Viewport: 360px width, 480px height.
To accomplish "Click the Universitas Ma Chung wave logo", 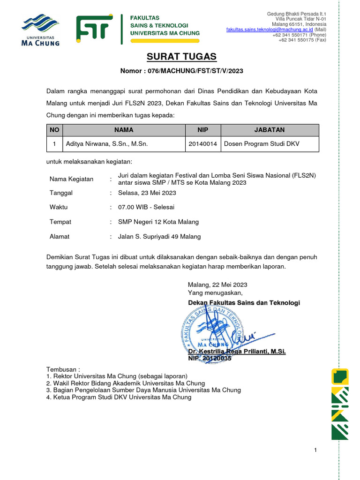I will pyautogui.click(x=41, y=29).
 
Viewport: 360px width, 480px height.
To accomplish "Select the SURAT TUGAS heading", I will pyautogui.click(x=182, y=57).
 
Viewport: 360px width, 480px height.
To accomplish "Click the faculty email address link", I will pyautogui.click(x=270, y=29).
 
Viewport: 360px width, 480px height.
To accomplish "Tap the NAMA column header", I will pyautogui.click(x=123, y=130).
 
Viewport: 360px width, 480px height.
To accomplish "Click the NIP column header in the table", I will pyautogui.click(x=203, y=130).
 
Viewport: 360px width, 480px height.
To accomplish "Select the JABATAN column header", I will pyautogui.click(x=270, y=130).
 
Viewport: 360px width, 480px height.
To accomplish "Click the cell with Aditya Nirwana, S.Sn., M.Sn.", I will pyautogui.click(x=107, y=144).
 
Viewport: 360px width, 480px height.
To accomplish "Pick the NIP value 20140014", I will pyautogui.click(x=203, y=144).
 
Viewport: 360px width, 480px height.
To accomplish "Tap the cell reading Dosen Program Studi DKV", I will pyautogui.click(x=262, y=144).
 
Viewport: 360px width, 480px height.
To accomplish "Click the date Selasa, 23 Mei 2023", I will pyautogui.click(x=147, y=193).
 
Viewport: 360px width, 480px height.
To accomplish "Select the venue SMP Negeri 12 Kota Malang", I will pyautogui.click(x=158, y=222).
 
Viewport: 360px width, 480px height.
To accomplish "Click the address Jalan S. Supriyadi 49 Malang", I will pyautogui.click(x=159, y=237).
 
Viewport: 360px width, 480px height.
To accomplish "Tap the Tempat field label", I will pyautogui.click(x=60, y=222).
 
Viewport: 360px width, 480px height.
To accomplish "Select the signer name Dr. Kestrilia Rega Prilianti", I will pyautogui.click(x=236, y=351).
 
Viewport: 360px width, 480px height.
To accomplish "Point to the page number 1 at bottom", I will pyautogui.click(x=315, y=450).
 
